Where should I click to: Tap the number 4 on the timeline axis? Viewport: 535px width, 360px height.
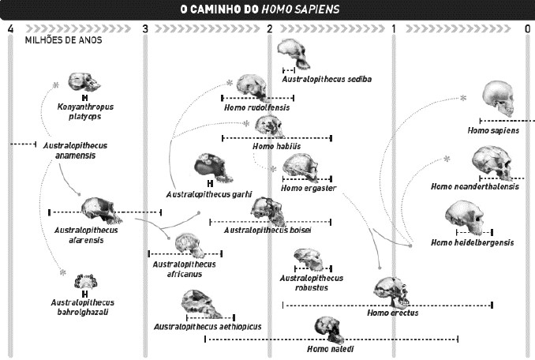[x=9, y=29]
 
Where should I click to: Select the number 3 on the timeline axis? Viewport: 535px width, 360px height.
[x=145, y=29]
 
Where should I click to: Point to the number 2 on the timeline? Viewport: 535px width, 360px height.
[x=269, y=29]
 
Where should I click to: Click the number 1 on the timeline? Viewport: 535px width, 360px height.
[x=394, y=29]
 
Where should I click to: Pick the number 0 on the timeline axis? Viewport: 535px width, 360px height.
[x=527, y=29]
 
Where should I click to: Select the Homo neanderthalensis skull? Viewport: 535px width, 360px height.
[x=492, y=163]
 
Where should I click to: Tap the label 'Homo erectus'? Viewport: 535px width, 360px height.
[x=392, y=313]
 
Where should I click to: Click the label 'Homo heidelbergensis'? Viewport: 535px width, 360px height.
[x=473, y=242]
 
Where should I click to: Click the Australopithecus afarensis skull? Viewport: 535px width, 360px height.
[x=99, y=210]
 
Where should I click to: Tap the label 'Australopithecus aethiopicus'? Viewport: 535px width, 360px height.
[x=208, y=326]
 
